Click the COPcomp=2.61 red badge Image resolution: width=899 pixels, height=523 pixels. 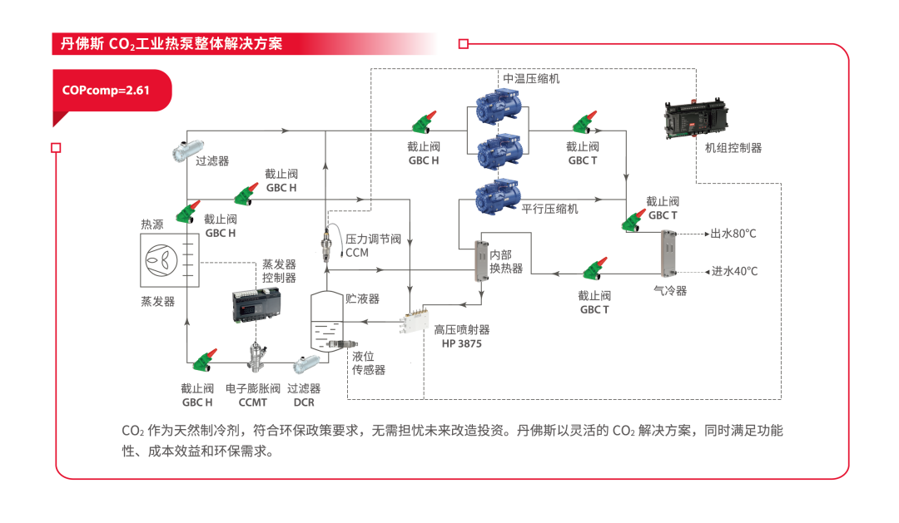tap(107, 90)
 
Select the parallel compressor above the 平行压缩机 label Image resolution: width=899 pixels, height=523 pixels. tap(498, 198)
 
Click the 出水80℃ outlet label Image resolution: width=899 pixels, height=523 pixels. tap(733, 234)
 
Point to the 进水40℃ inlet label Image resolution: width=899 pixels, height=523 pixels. tap(734, 271)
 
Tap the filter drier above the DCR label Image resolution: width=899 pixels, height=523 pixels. tap(305, 364)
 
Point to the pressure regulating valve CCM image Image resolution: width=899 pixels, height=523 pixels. tap(326, 245)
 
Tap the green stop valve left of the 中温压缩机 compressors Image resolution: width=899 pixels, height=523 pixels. tap(425, 122)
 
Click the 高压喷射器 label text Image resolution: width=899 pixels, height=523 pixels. tap(463, 329)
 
